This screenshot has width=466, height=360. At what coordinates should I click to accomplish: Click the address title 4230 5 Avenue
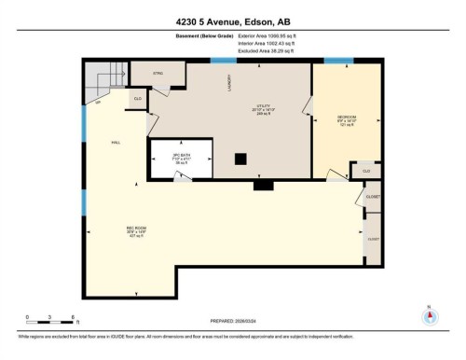(232, 21)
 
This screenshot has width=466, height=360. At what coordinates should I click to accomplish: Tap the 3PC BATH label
(180, 156)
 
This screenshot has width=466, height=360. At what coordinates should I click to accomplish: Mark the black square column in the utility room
(240, 159)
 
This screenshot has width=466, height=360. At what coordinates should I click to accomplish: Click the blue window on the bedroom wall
(337, 61)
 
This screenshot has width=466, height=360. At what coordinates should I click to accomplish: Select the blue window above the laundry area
(223, 61)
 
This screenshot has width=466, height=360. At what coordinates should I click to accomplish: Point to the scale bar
(50, 322)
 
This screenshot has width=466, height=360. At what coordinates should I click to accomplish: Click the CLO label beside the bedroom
(365, 171)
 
